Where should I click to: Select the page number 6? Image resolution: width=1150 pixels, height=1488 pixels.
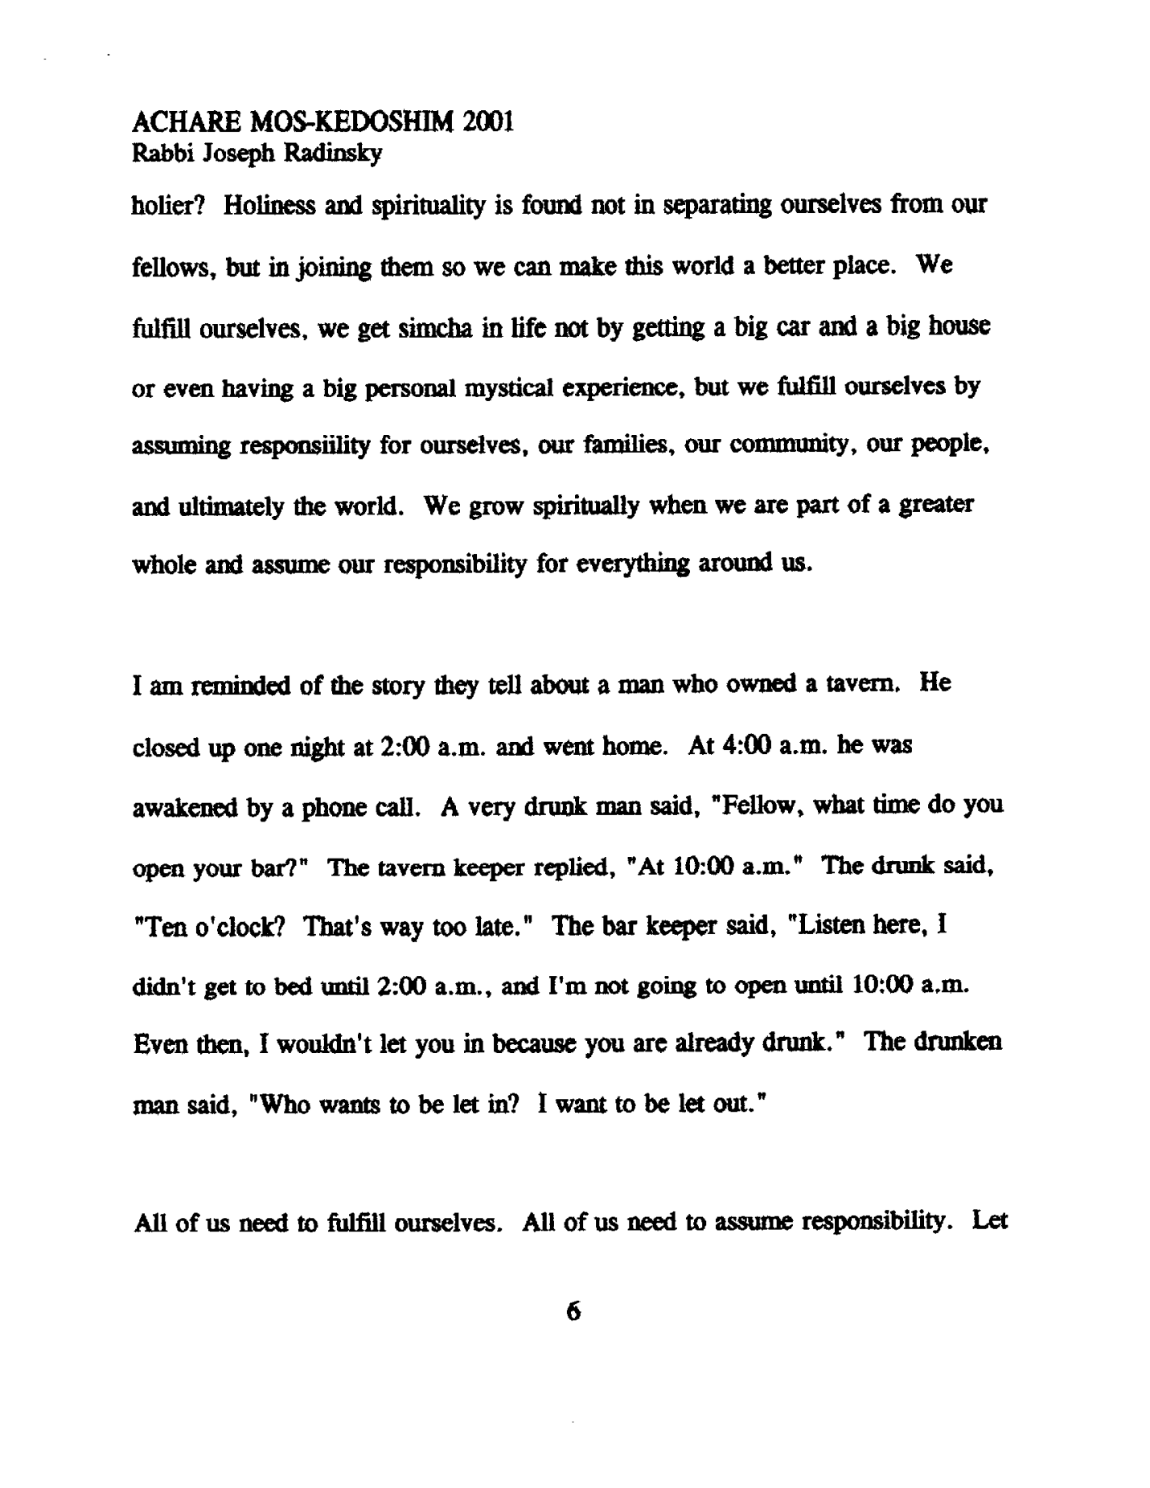(x=573, y=1313)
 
